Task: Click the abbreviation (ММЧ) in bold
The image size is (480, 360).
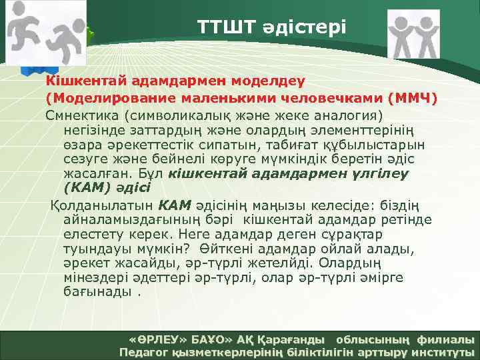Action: click(413, 99)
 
